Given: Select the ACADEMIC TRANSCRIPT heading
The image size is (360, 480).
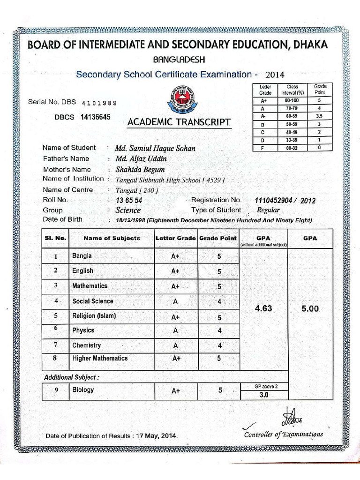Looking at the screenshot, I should pyautogui.click(x=179, y=123).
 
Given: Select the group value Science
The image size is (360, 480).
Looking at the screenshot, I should pyautogui.click(x=128, y=210).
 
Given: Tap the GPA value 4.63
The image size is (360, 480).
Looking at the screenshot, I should pyautogui.click(x=263, y=309).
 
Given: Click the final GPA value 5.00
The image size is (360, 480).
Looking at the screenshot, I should pyautogui.click(x=310, y=309).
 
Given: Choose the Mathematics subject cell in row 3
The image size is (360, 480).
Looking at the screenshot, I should pyautogui.click(x=90, y=286).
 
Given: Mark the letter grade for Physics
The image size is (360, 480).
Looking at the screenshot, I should pyautogui.click(x=175, y=331).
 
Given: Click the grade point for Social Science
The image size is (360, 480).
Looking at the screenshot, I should pyautogui.click(x=219, y=301).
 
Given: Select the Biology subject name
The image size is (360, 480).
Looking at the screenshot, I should pyautogui.click(x=83, y=390).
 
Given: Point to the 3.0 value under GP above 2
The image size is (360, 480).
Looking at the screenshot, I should pyautogui.click(x=264, y=395).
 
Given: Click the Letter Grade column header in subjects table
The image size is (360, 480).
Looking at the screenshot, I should pyautogui.click(x=176, y=238).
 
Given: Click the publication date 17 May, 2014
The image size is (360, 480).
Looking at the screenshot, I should pyautogui.click(x=157, y=436).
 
